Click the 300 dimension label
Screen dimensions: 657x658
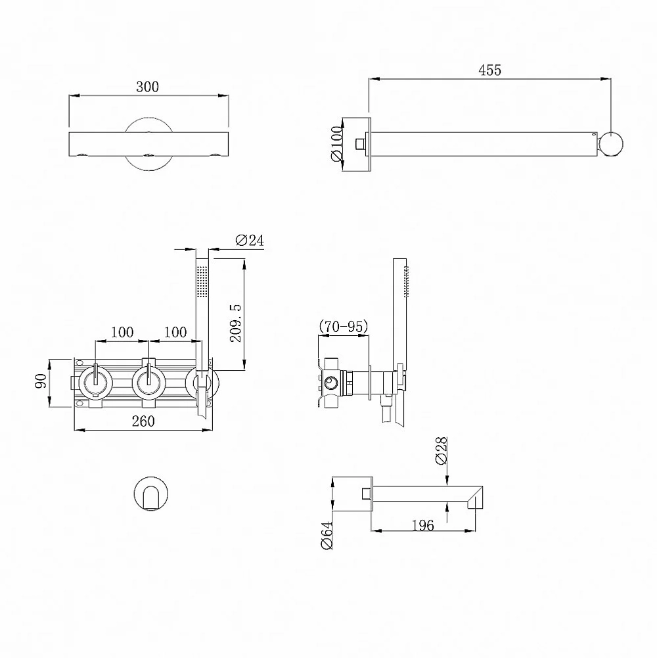147,87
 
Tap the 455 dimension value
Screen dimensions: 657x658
489,70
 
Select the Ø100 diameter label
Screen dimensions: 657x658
337,143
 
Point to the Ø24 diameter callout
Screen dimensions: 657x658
250,240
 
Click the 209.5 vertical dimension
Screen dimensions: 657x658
236,323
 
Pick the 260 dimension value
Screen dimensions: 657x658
143,421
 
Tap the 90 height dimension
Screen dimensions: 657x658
41,381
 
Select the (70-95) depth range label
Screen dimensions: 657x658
344,326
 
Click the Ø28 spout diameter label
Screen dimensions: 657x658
442,451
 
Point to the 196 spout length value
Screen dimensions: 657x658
422,525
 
